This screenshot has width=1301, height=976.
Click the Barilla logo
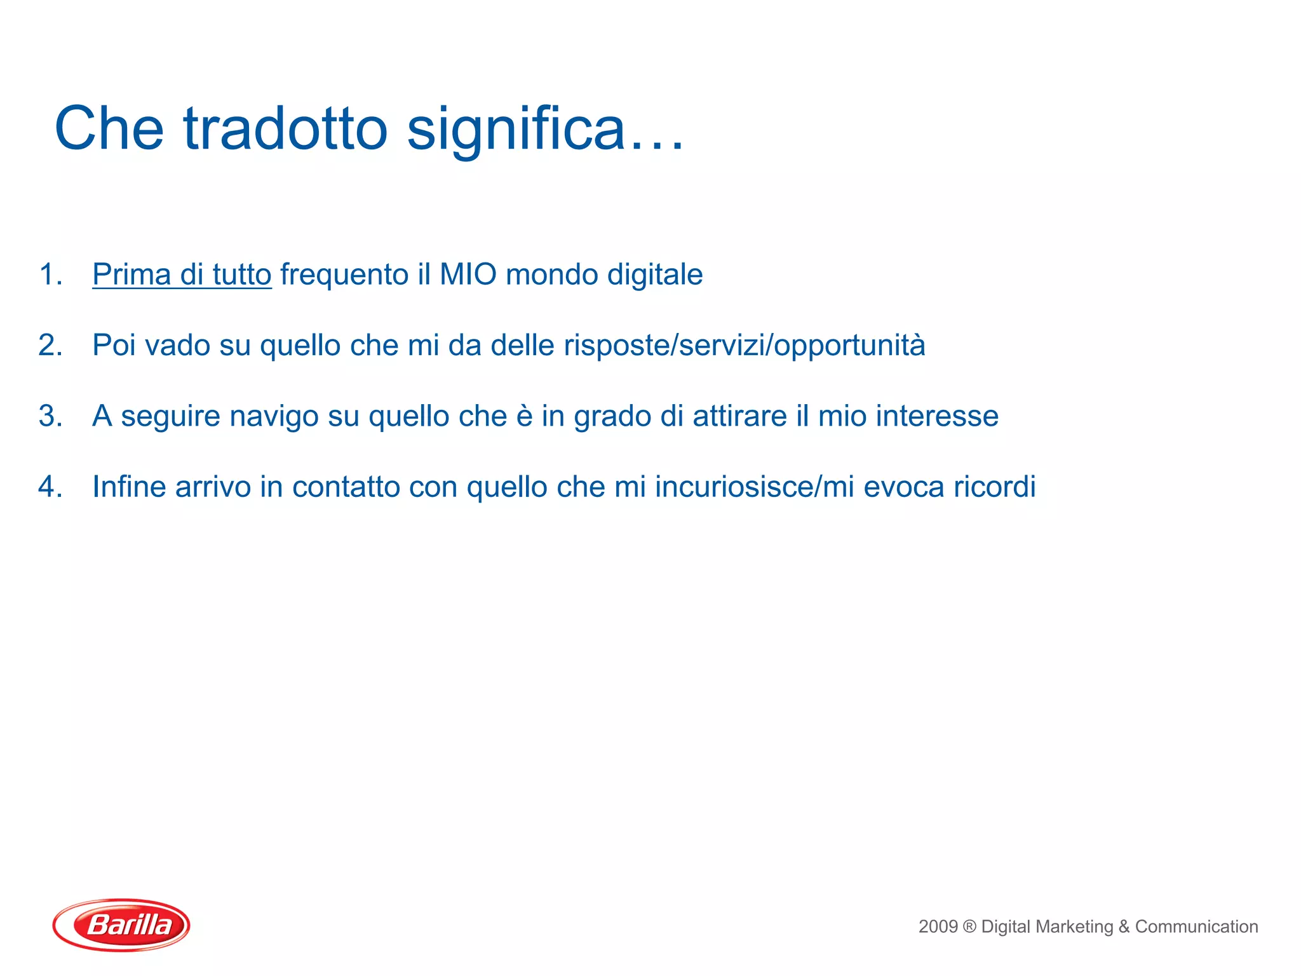tap(121, 925)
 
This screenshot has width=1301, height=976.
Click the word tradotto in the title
tap(285, 128)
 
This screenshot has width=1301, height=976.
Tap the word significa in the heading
tap(516, 128)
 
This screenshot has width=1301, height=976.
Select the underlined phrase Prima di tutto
tap(182, 274)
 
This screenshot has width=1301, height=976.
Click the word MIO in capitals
tap(468, 274)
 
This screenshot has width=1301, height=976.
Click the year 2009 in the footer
tap(938, 926)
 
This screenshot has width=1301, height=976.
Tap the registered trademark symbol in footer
tap(969, 926)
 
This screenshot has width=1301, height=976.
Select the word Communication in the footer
tap(1196, 926)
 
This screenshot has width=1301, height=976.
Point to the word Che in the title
tap(109, 128)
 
